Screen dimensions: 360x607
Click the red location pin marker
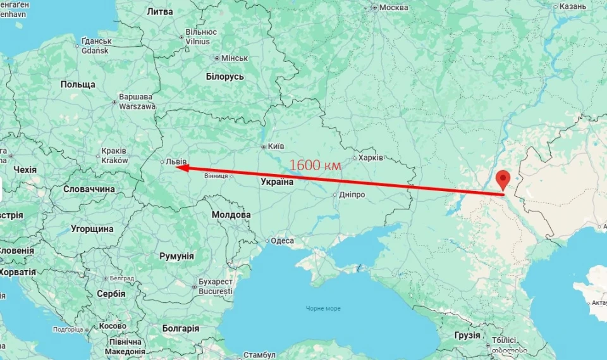503,179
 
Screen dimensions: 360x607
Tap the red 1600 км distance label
315,165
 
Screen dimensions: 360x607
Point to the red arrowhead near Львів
180,168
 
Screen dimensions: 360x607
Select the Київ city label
276,146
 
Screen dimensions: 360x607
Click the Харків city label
371,158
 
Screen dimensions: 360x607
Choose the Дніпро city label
352,194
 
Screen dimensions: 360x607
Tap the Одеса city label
282,240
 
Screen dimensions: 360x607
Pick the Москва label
393,8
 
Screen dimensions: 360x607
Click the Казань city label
573,6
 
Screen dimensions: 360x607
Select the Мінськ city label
234,58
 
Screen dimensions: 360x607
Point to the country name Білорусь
224,77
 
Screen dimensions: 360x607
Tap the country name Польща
78,84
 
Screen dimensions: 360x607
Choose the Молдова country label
231,214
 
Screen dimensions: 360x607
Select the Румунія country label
176,256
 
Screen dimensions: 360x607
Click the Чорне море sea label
322,308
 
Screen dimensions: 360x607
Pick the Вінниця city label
216,176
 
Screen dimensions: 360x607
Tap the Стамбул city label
259,355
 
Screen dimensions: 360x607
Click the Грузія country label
467,335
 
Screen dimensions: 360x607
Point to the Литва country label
159,11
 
